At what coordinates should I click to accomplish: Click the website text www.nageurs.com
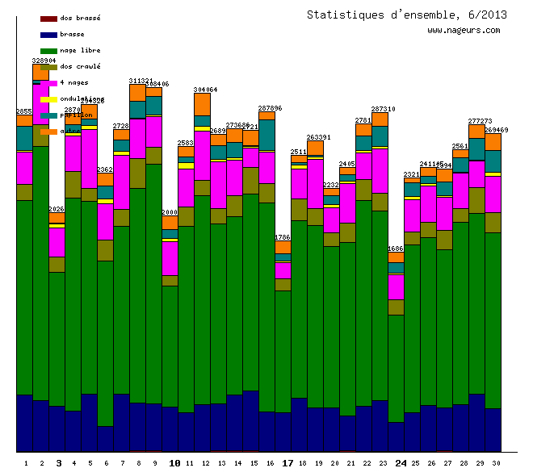464,30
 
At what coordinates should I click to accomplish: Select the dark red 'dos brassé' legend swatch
48,19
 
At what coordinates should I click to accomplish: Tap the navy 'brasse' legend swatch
48,35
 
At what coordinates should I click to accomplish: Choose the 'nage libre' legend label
80,51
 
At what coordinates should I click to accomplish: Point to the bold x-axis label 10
174,463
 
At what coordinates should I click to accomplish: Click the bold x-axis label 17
287,463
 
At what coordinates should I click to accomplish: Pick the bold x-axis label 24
401,463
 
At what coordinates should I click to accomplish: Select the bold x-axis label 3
58,463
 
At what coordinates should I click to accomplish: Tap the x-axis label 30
496,463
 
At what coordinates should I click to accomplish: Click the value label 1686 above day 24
396,249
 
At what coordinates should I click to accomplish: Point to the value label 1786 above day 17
283,237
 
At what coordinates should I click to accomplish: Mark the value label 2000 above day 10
170,211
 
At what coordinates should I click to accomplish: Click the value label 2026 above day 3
57,209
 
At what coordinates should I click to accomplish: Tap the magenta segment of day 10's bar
170,258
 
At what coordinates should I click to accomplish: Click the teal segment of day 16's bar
266,135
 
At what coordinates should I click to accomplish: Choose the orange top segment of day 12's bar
202,104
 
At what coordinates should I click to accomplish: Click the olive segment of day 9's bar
153,156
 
